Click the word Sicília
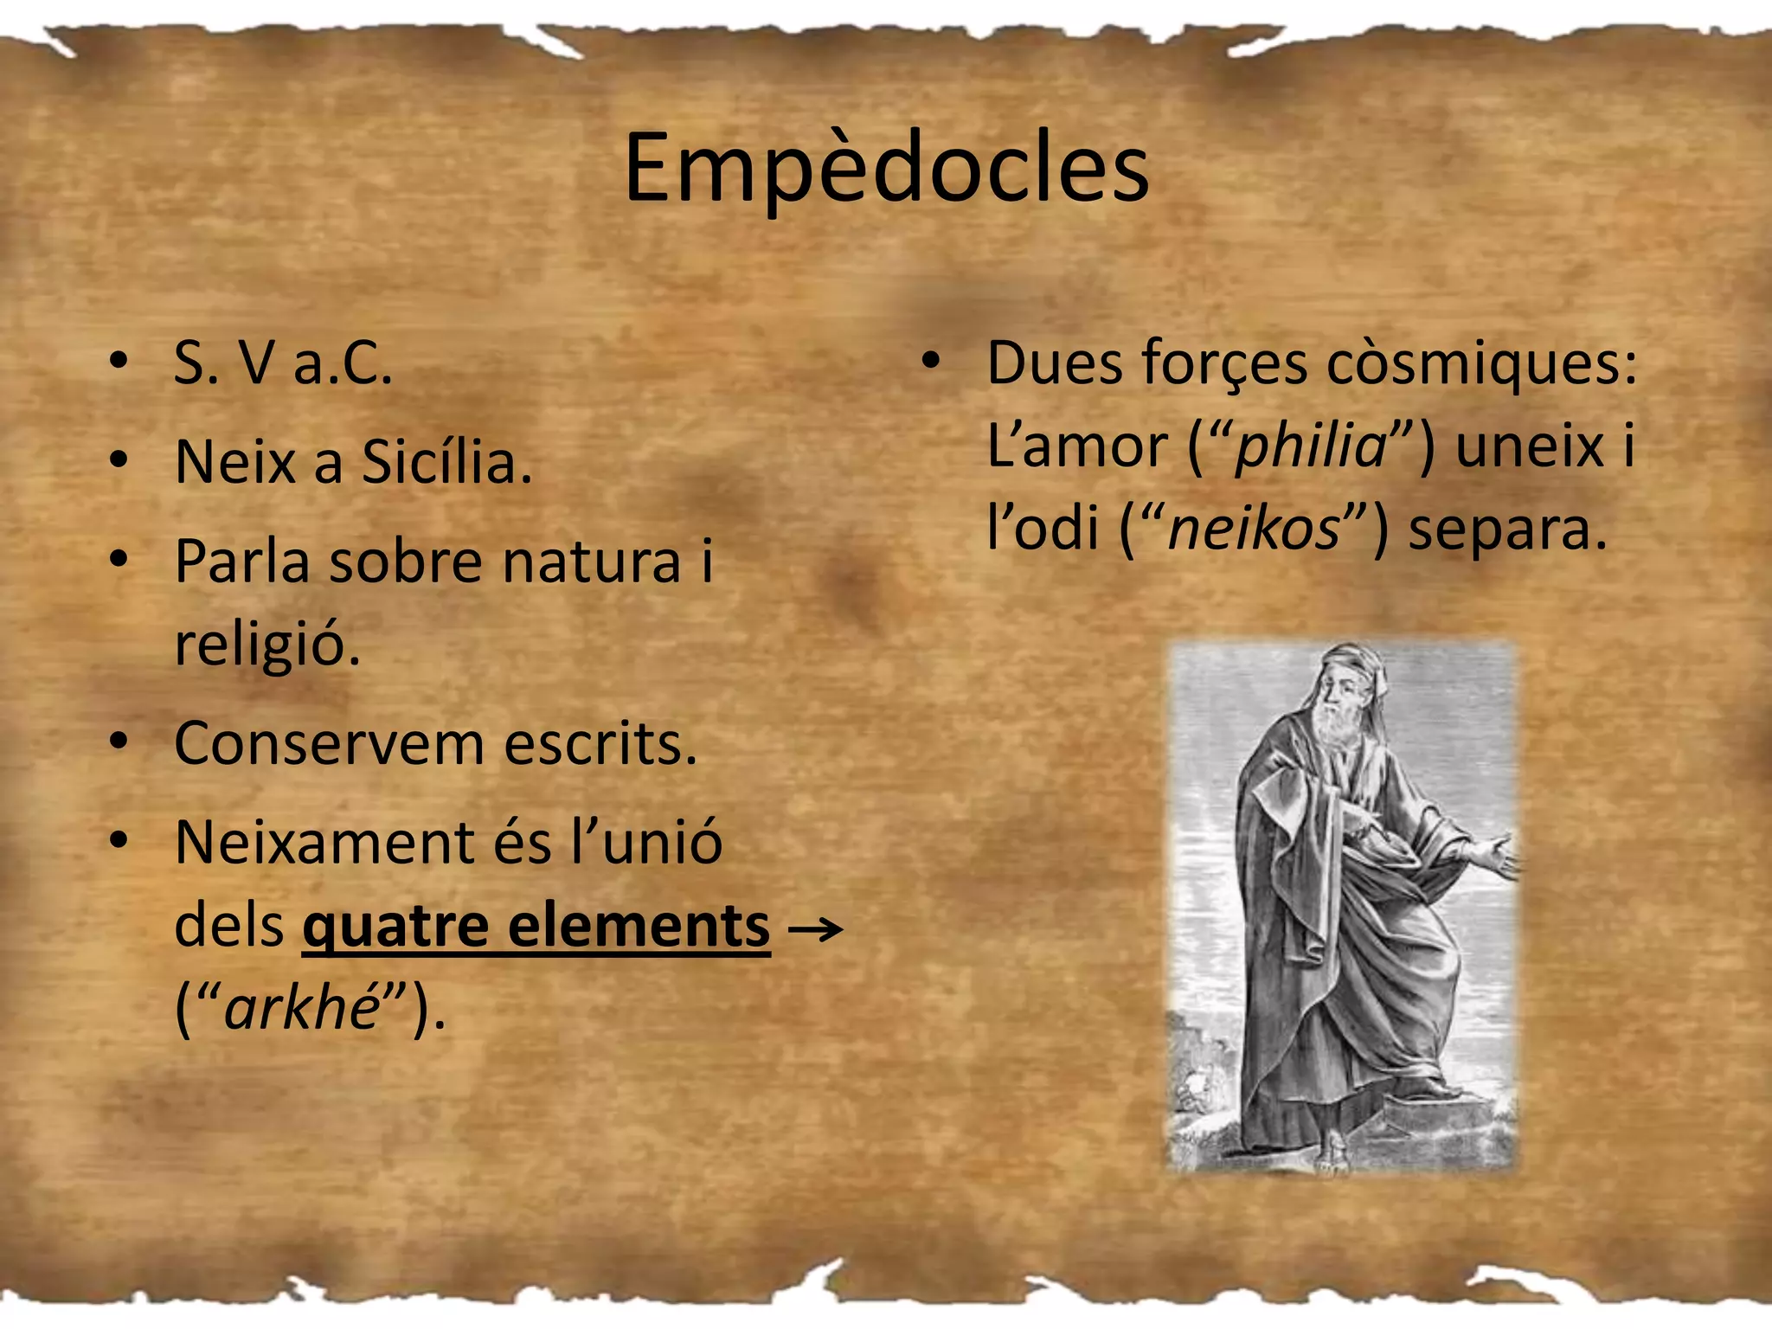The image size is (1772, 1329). [x=446, y=462]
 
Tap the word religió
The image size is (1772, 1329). [x=266, y=645]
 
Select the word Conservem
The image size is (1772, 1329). [x=329, y=743]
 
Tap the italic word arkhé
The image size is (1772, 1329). [x=302, y=1008]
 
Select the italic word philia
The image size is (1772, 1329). [x=1310, y=447]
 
